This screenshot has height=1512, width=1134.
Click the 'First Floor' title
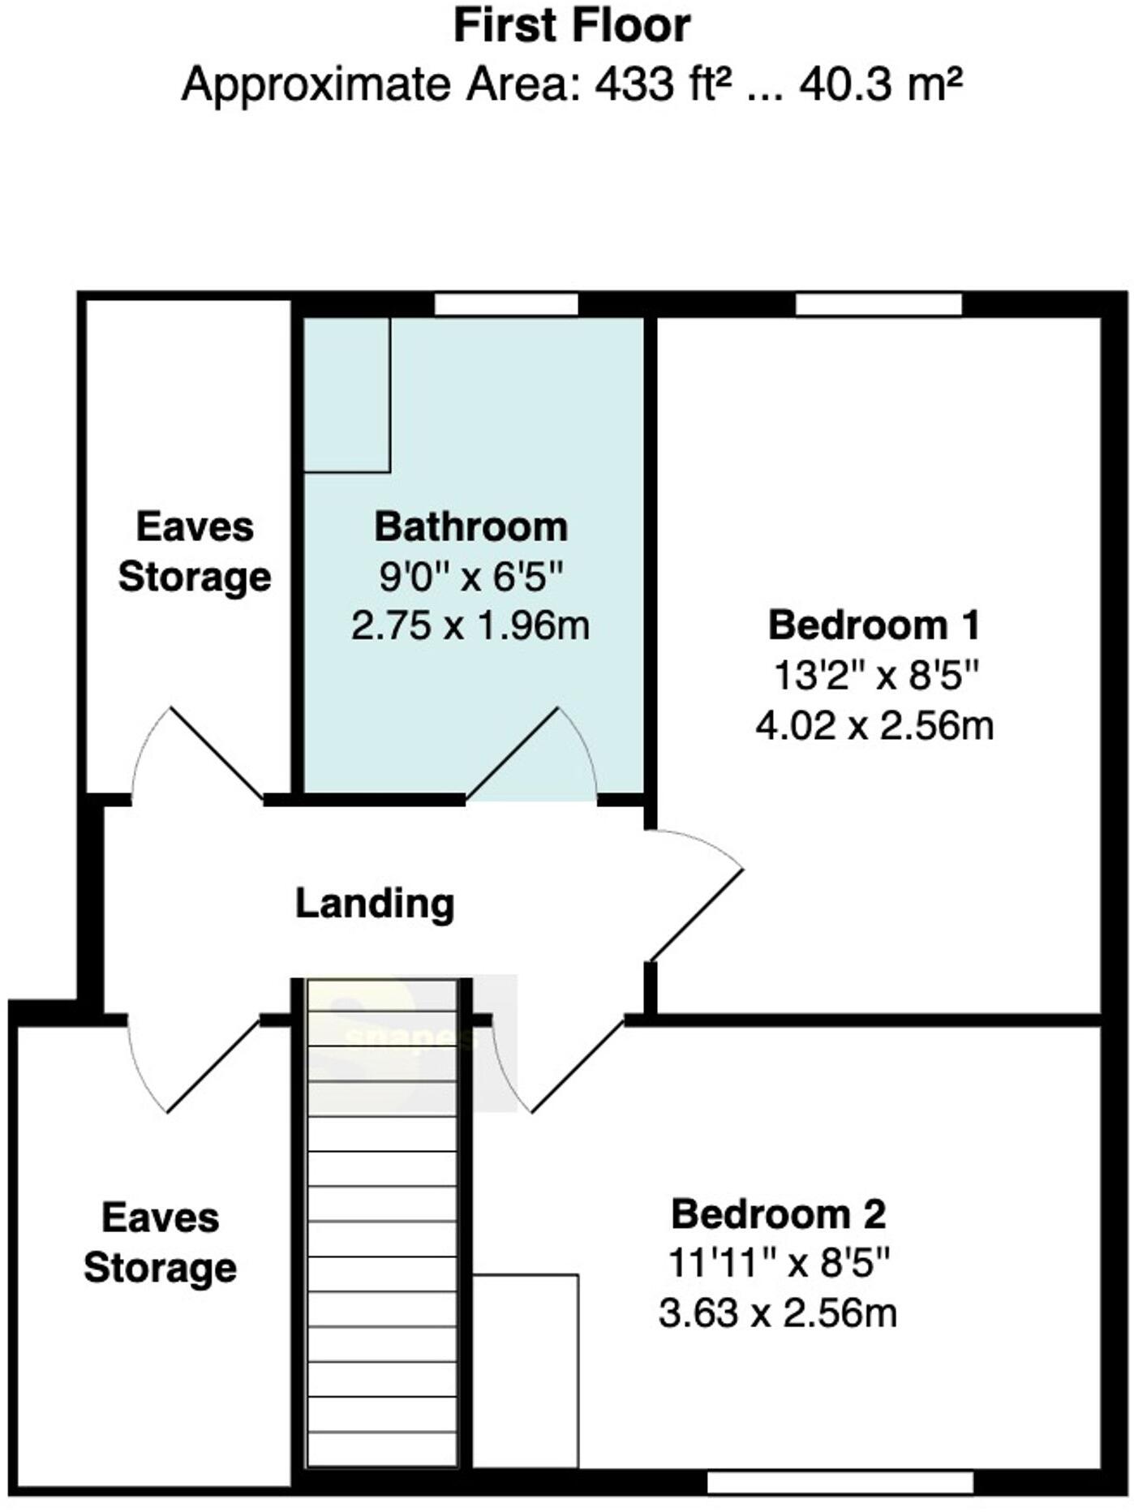pos(571,26)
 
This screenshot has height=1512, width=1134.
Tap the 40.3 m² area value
pos(881,84)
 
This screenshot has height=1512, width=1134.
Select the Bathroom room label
pos(470,527)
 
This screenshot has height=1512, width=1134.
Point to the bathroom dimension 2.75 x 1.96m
pos(470,626)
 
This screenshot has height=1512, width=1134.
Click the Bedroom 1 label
pos(874,625)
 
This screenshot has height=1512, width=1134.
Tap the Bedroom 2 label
pos(779,1214)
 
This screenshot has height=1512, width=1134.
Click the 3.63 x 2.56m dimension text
pos(778,1313)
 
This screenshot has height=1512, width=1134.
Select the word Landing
pos(375,904)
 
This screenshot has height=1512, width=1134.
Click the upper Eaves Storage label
pos(195,552)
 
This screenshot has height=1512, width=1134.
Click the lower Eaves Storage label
pos(160,1243)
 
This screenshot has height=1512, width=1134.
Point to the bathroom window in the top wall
pos(506,305)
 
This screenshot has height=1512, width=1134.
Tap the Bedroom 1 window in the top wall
pos(878,305)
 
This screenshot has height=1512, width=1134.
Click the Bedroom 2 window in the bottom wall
pos(840,1483)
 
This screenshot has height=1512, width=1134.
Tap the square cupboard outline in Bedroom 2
pos(526,1370)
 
